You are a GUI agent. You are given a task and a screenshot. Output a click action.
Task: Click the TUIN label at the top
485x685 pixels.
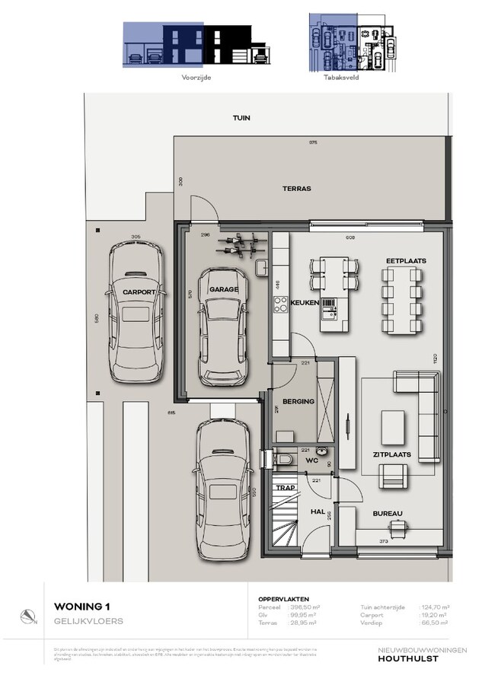241,119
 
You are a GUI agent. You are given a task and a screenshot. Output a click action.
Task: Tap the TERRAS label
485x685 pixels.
297,189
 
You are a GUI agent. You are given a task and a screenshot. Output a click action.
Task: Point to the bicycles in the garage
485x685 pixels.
239,247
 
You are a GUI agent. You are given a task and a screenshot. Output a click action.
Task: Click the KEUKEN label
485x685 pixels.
304,303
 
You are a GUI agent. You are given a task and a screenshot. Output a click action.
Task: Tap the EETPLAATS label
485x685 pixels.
405,260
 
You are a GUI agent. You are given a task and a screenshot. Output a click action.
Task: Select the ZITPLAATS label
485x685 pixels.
392,454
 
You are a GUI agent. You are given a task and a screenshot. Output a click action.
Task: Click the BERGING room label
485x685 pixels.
298,401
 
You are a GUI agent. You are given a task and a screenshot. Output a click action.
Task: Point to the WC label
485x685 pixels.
311,460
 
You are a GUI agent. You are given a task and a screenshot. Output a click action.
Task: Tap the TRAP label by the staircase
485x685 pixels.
285,488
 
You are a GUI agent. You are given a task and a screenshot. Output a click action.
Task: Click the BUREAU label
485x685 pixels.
388,514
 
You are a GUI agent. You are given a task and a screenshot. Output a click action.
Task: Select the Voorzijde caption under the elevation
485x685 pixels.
196,77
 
